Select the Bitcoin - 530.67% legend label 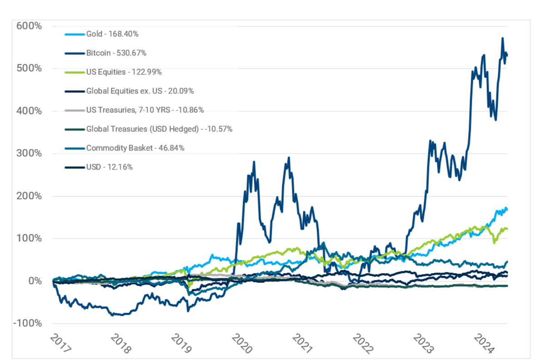coord(116,53)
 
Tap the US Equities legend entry coord(124,72)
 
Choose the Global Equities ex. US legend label coord(140,91)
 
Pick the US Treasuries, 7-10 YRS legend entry coord(145,110)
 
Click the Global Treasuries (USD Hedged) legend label coord(159,129)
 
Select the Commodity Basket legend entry coord(135,148)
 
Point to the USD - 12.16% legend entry coord(109,167)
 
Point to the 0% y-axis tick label coord(36,281)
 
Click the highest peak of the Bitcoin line coord(502,38)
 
